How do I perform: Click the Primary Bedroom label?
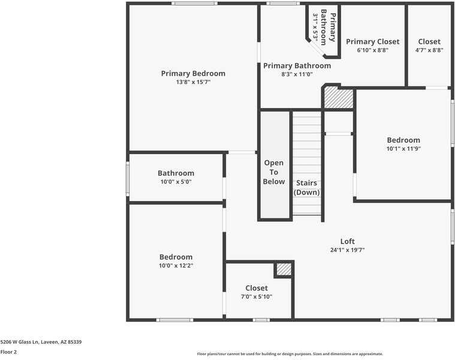[193, 73]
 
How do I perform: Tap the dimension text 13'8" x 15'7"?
[193, 82]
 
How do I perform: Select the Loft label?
[348, 241]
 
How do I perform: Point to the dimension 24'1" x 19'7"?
[348, 250]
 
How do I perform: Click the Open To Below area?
[274, 172]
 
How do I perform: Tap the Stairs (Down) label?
[306, 187]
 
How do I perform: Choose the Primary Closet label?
[372, 41]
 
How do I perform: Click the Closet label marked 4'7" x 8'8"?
[429, 41]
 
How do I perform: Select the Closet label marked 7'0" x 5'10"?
[257, 288]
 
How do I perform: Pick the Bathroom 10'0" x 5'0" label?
[176, 173]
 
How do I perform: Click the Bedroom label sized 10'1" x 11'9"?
[403, 140]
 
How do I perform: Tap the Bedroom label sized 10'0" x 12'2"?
[176, 257]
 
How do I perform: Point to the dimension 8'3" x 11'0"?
[297, 74]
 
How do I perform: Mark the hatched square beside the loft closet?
[284, 269]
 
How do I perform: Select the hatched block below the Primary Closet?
[338, 98]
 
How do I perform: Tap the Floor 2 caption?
[9, 352]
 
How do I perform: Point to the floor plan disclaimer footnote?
[290, 354]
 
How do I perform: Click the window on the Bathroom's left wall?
[128, 178]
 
